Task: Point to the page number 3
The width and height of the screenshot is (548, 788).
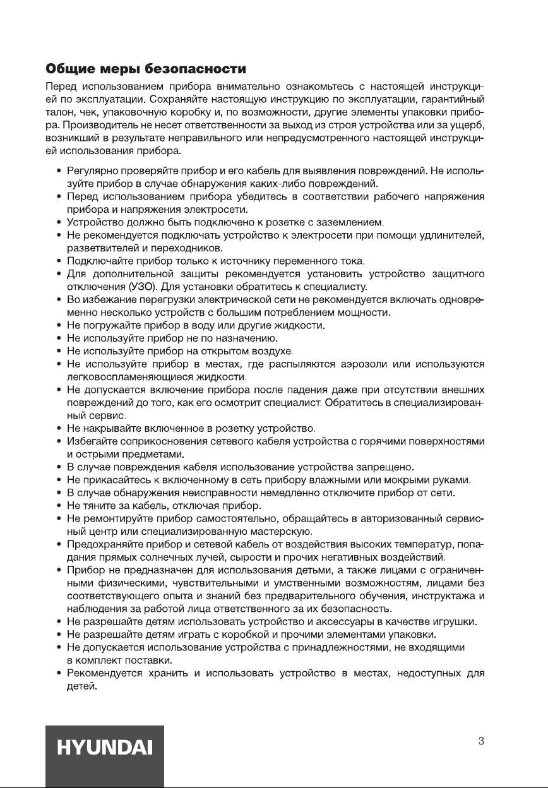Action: [x=481, y=741]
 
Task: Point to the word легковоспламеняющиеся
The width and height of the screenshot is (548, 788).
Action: [x=126, y=377]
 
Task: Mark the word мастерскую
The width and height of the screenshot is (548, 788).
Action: [x=277, y=532]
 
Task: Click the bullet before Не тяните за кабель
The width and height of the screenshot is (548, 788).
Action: [x=59, y=506]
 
